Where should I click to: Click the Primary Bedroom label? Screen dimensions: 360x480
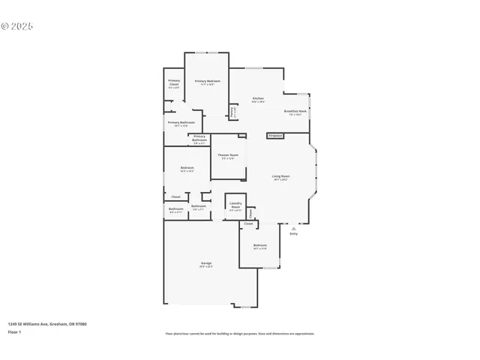(206, 81)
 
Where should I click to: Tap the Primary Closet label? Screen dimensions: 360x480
(174, 82)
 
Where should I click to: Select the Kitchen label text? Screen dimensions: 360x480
(258, 98)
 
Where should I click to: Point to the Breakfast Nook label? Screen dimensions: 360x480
(295, 111)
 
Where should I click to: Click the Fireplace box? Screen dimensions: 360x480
(275, 136)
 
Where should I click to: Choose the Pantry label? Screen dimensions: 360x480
(232, 111)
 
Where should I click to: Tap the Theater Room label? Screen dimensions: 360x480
(227, 155)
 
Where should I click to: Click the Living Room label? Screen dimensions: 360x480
(280, 176)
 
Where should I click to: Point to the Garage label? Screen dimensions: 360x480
(205, 263)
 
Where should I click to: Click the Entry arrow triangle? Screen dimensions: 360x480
(293, 228)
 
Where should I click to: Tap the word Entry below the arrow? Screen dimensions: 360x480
(293, 234)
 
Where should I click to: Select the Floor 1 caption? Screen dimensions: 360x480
(15, 331)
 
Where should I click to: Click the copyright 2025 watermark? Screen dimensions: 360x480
(17, 25)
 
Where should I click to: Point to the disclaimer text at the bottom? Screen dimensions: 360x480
(239, 334)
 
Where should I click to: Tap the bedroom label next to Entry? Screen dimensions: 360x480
(259, 245)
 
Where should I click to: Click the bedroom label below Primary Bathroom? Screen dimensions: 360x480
(187, 167)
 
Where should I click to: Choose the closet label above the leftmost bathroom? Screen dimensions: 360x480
(175, 196)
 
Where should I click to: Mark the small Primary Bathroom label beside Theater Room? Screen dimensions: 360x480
(199, 139)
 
